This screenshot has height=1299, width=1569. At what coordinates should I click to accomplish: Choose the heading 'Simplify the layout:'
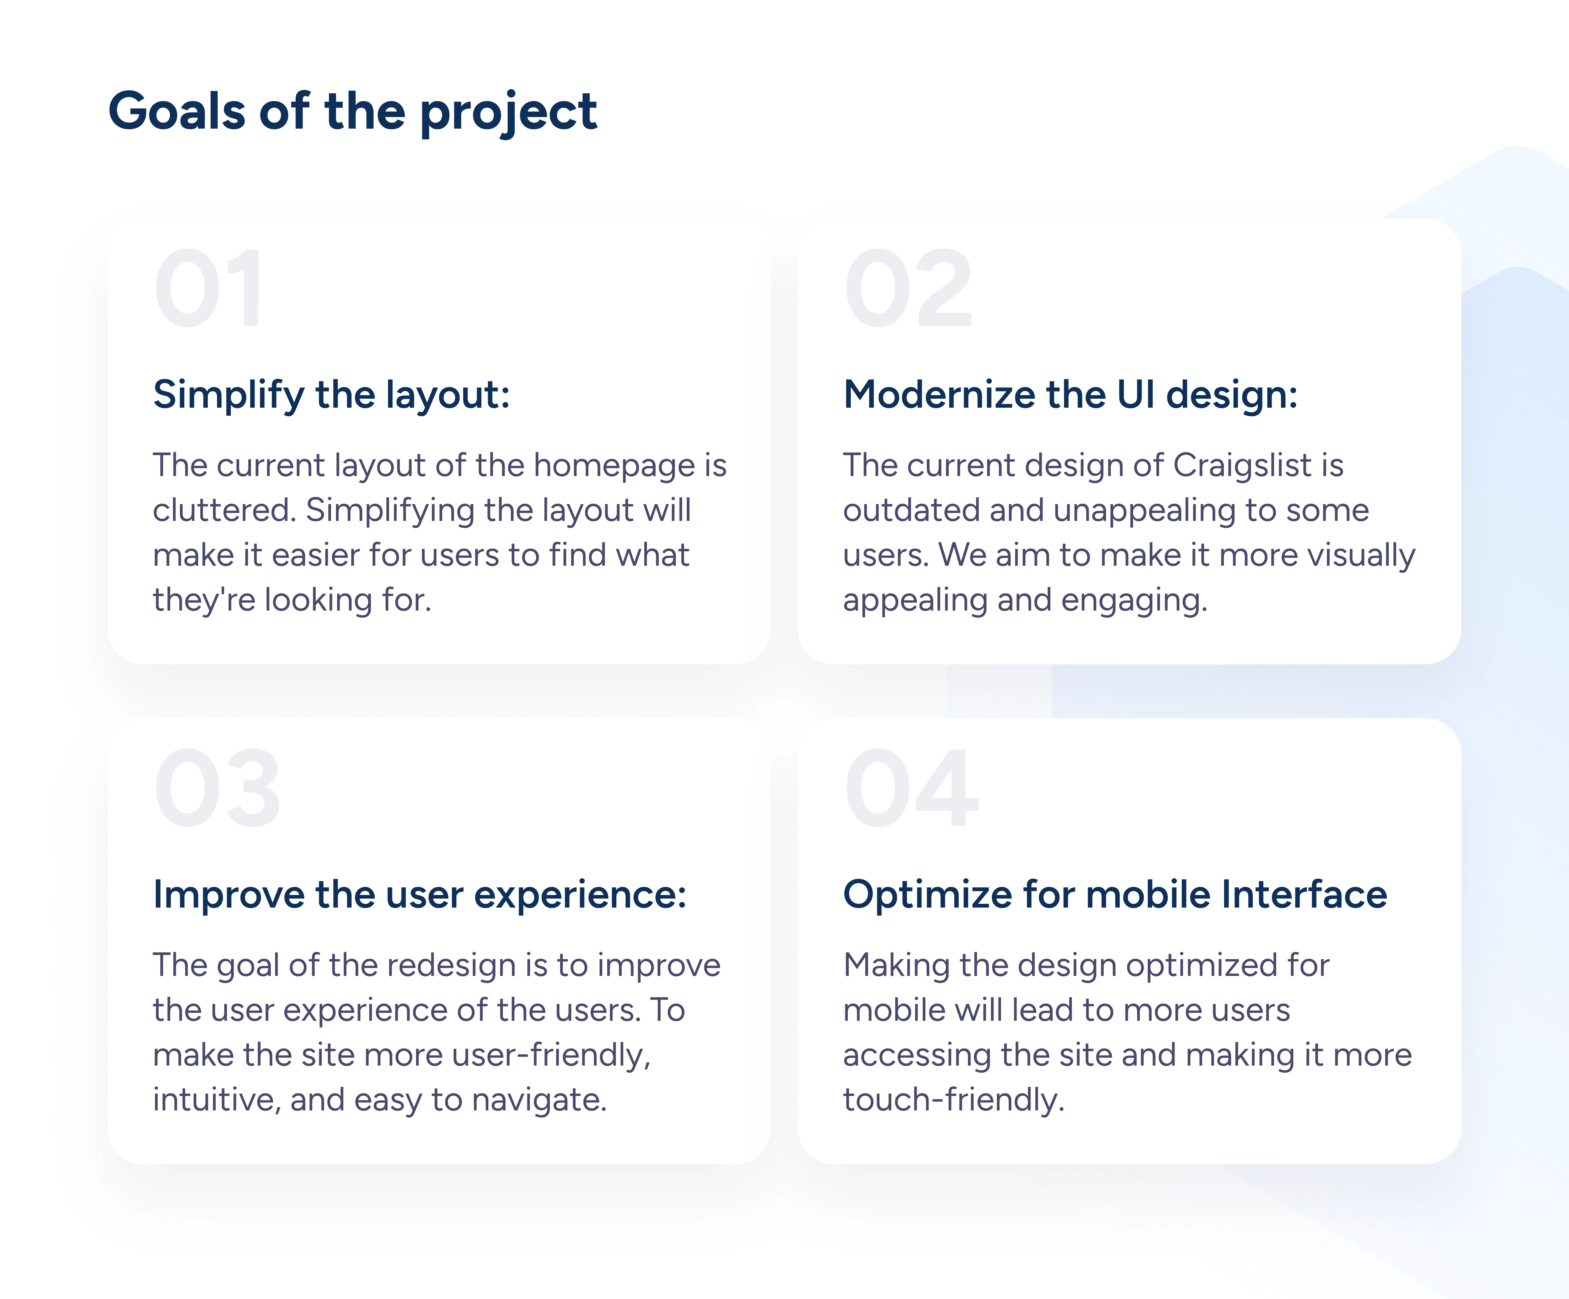tap(332, 395)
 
